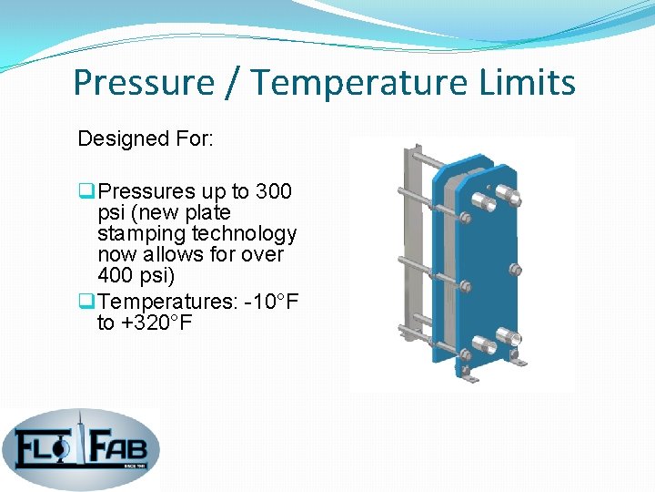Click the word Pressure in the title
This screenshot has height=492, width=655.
click(144, 83)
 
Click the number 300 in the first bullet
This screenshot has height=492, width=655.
click(273, 191)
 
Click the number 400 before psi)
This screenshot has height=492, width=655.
click(116, 275)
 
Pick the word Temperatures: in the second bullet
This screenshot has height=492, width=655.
click(160, 302)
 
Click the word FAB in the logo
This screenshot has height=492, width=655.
click(123, 447)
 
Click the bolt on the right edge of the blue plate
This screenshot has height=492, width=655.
click(516, 270)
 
